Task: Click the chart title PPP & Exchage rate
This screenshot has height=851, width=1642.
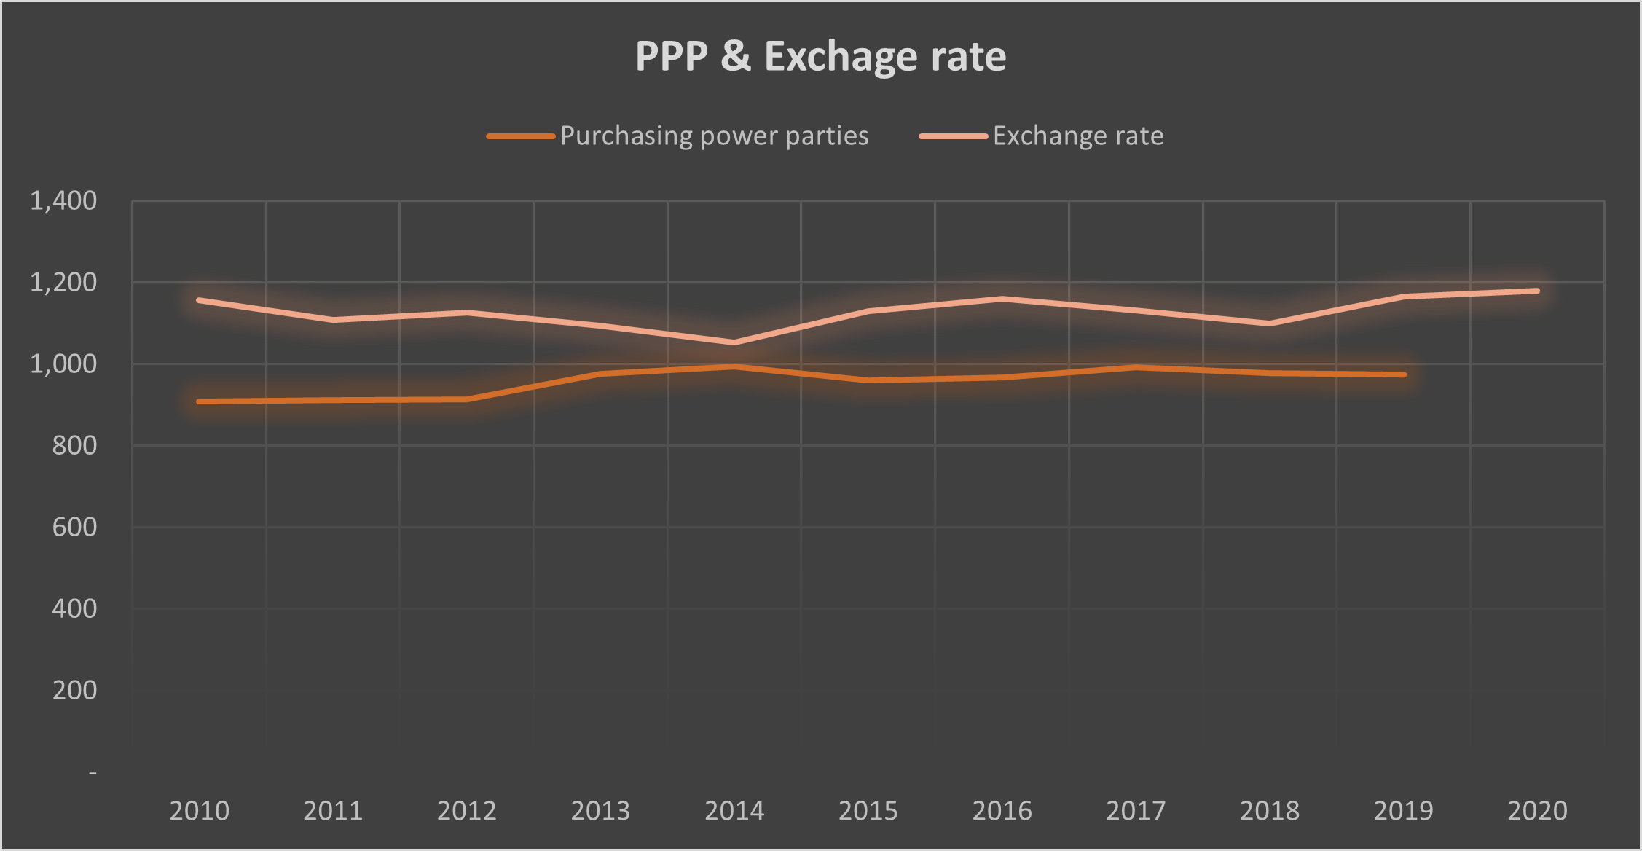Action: click(x=820, y=56)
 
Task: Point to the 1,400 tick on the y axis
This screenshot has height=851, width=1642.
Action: click(x=63, y=200)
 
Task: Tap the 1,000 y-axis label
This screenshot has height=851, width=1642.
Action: click(x=63, y=364)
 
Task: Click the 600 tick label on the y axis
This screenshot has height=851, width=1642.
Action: click(x=74, y=527)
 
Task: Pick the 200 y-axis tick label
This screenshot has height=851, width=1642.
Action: click(x=74, y=690)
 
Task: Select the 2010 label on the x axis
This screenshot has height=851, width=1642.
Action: click(x=199, y=810)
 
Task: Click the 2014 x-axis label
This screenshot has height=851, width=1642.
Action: click(x=734, y=810)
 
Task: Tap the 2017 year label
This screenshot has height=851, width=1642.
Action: click(x=1136, y=810)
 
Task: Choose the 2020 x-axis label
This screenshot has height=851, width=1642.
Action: click(x=1537, y=810)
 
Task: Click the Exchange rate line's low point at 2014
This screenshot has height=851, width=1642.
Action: click(x=734, y=342)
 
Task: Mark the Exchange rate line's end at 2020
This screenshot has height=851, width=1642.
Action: click(x=1537, y=291)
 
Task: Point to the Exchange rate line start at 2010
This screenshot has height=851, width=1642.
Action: click(x=199, y=300)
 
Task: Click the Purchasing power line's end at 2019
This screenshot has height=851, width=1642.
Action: click(x=1404, y=374)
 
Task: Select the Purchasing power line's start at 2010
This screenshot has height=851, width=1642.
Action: click(x=199, y=401)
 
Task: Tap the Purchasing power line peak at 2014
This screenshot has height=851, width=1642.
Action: click(x=734, y=366)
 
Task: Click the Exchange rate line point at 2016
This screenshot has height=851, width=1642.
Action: click(x=1002, y=299)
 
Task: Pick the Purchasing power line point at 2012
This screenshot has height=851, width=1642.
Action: click(x=467, y=399)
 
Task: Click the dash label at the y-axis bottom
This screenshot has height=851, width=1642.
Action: click(x=93, y=772)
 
